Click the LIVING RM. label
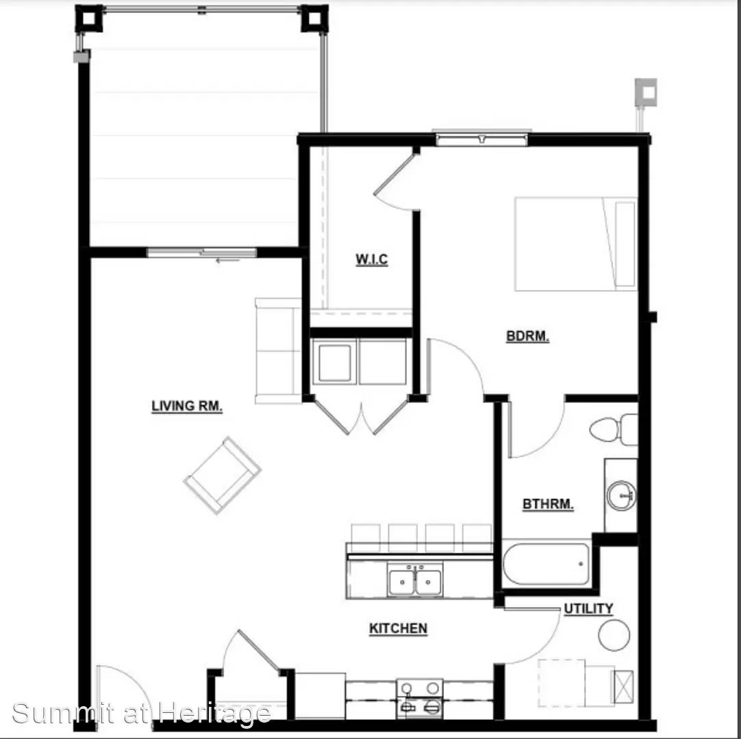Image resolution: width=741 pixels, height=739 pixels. click(187, 406)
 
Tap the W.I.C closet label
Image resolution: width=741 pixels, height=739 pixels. click(371, 259)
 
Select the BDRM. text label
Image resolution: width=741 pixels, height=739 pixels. click(527, 336)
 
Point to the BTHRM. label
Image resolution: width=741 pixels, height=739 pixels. click(548, 504)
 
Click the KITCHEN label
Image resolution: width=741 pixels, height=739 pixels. click(398, 628)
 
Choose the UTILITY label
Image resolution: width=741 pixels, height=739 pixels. click(588, 609)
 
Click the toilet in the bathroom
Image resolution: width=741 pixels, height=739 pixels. click(614, 429)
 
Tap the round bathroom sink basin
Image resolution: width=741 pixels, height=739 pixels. click(621, 495)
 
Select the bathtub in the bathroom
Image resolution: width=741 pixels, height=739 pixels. click(547, 564)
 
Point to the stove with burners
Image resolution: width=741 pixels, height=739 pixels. click(420, 699)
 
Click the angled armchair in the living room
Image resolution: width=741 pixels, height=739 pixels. click(222, 475)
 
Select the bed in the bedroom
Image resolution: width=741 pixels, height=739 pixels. click(575, 244)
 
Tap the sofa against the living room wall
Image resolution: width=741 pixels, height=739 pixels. click(278, 351)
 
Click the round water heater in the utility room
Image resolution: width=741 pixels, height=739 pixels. click(614, 635)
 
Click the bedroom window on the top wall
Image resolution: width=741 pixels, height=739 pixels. click(481, 138)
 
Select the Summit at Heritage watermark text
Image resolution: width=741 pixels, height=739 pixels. click(141, 712)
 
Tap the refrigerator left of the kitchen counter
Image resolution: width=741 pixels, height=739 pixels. click(320, 696)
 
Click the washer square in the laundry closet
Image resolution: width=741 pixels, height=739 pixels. click(335, 363)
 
